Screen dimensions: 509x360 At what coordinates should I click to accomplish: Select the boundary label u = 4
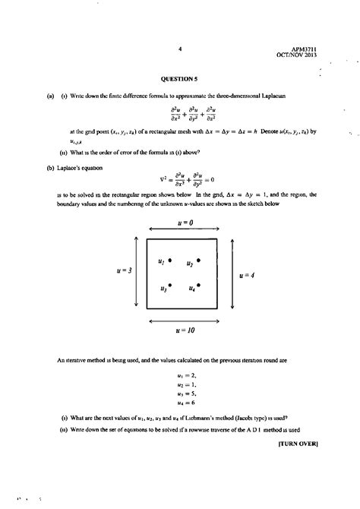(x=245, y=275)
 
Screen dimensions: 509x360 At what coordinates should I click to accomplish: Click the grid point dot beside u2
(x=198, y=261)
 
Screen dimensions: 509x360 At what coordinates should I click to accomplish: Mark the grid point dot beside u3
(x=171, y=286)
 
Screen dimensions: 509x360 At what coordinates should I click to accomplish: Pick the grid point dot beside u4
(x=198, y=287)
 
